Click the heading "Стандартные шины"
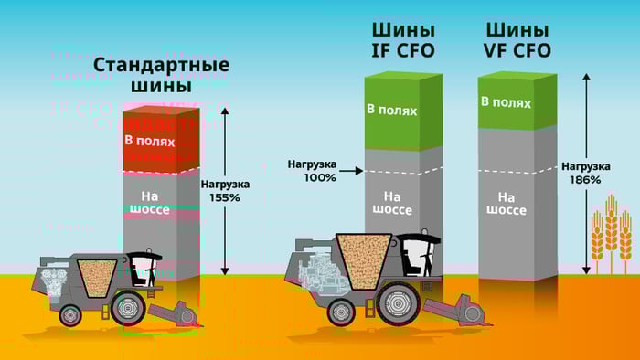[161, 76]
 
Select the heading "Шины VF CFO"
[517, 39]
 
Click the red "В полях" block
[161, 141]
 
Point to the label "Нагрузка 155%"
[223, 190]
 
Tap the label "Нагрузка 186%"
[585, 173]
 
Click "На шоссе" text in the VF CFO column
[506, 203]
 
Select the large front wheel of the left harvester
[131, 309]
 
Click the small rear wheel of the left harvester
[70, 315]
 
